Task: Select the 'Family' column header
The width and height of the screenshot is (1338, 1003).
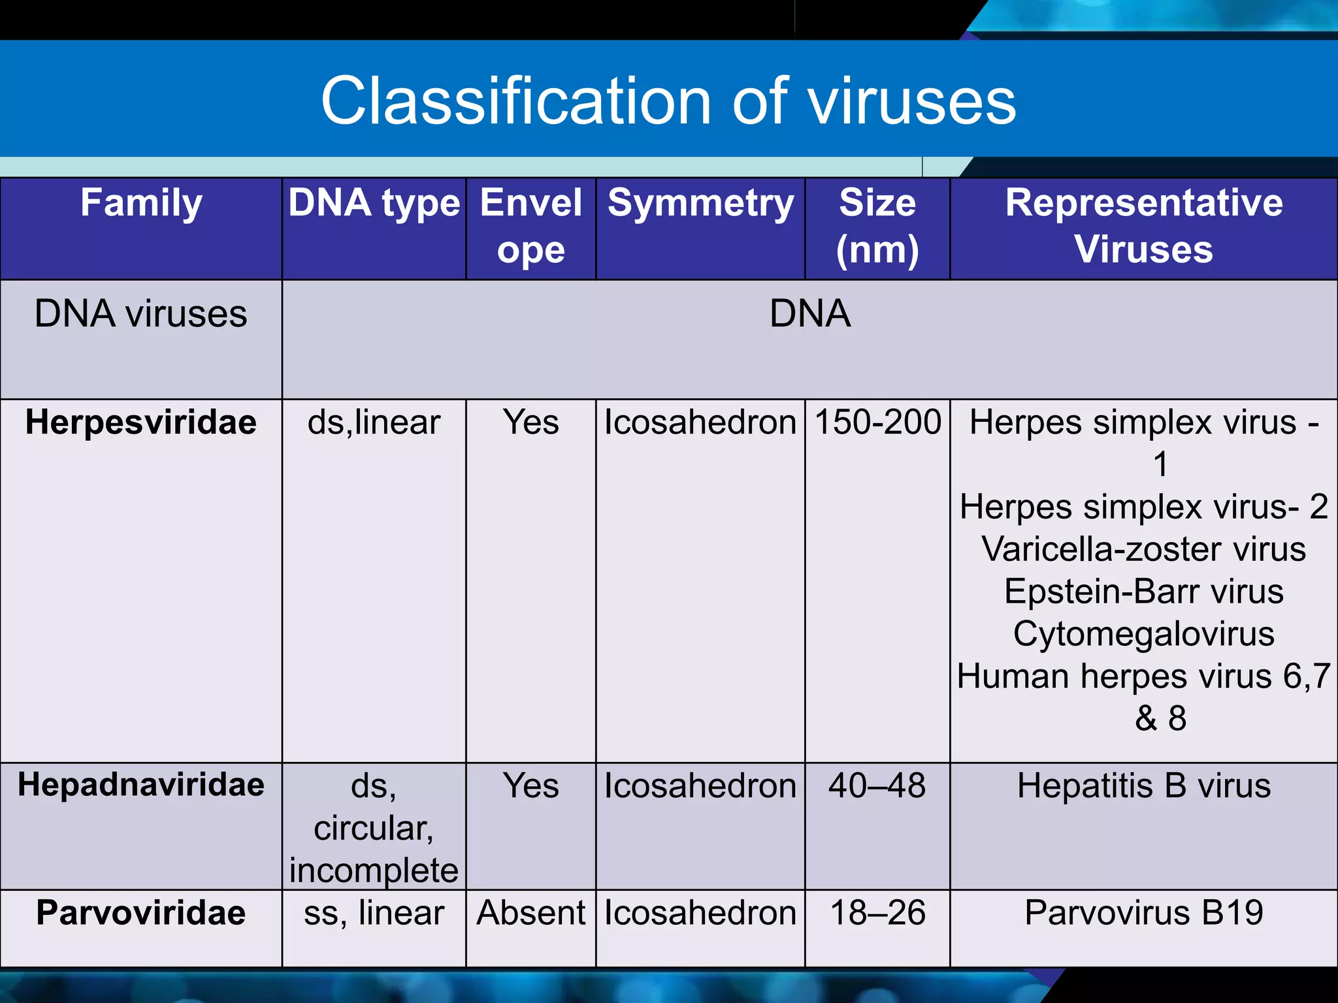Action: pos(141,202)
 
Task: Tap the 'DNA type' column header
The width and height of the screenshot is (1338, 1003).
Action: pos(374,202)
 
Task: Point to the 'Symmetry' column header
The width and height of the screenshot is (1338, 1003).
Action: pos(700,202)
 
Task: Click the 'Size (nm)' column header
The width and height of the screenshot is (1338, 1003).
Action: pos(877,226)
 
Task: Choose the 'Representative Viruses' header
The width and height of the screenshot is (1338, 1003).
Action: pos(1143,226)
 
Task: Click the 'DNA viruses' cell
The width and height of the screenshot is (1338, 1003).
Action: pos(141,313)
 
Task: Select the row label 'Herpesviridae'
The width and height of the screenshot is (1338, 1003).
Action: pos(141,422)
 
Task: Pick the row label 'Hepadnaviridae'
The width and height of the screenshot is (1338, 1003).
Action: pos(141,784)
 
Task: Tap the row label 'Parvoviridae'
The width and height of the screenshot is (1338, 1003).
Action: pos(141,912)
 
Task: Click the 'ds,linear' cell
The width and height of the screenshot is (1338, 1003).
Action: pos(374,422)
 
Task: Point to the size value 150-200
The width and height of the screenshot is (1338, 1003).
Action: pos(877,422)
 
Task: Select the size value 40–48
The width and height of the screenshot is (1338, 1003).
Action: pos(877,786)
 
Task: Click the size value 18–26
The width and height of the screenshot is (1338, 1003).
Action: pos(877,912)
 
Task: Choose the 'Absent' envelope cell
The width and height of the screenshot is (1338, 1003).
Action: pos(530,912)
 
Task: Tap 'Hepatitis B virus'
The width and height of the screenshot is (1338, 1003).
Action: pos(1143,786)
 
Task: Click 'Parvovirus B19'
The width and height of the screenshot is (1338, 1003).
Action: pos(1143,912)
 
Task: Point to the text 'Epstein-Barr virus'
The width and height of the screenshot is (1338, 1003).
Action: pos(1143,592)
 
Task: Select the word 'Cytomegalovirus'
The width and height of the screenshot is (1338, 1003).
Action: pos(1143,634)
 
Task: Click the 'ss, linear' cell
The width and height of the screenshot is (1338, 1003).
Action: pos(374,912)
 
